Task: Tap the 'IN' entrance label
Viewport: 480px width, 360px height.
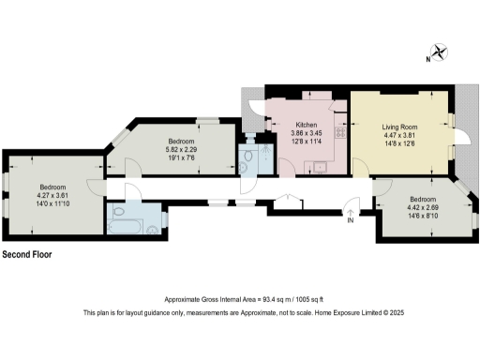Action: [x=350, y=221]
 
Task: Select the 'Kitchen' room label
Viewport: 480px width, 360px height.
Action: [x=307, y=125]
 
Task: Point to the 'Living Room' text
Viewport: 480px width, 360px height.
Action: [x=399, y=125]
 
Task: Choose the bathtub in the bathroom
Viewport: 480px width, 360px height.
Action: [x=124, y=225]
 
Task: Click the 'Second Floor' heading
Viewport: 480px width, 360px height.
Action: [x=27, y=255]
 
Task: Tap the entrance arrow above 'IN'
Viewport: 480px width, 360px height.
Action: [x=350, y=208]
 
